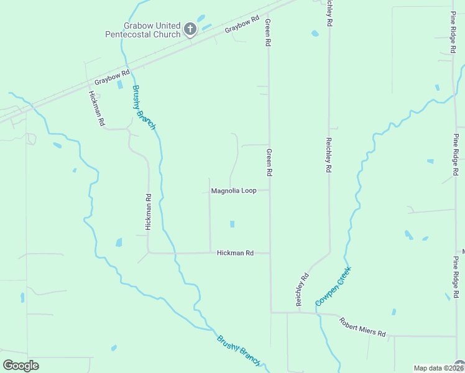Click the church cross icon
(x=190, y=29)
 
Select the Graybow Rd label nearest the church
(x=242, y=25)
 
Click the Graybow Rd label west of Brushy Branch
(x=112, y=78)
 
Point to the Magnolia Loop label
(x=234, y=191)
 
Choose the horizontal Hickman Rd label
(x=236, y=253)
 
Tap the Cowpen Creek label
(x=333, y=285)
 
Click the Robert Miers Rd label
(x=362, y=326)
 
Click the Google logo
(x=21, y=366)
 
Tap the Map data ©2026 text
(x=438, y=368)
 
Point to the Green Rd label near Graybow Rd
(x=269, y=34)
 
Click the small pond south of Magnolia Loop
(x=233, y=224)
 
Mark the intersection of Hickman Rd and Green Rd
(x=270, y=253)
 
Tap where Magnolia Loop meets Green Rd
(x=270, y=191)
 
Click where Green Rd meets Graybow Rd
(x=269, y=13)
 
